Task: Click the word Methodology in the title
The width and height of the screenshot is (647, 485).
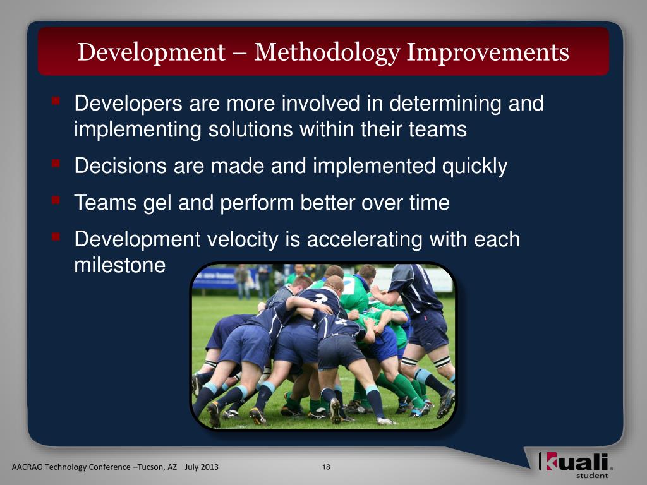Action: click(327, 53)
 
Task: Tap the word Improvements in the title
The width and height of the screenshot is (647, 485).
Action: click(488, 52)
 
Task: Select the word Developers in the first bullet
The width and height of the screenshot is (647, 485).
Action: click(128, 104)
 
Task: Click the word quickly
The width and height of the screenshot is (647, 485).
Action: click(475, 167)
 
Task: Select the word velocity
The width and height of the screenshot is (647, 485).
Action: click(243, 240)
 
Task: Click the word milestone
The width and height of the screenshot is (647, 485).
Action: click(119, 265)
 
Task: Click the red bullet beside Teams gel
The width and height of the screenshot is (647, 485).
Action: click(56, 200)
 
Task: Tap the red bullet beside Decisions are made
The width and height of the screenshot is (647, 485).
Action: click(56, 164)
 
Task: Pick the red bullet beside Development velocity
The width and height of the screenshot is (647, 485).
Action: click(56, 237)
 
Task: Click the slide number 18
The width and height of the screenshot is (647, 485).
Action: click(326, 467)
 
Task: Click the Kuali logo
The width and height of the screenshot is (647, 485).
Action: click(575, 462)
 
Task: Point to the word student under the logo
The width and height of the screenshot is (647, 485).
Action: click(592, 476)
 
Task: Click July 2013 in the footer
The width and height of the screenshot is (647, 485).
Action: click(202, 467)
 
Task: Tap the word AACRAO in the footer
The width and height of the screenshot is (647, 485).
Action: click(27, 467)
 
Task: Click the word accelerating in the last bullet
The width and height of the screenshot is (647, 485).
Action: click(365, 240)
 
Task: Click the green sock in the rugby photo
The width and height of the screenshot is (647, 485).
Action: click(406, 390)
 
